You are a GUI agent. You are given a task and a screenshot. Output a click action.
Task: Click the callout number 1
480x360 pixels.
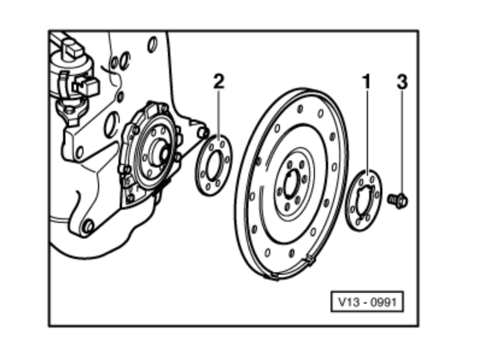(366, 82)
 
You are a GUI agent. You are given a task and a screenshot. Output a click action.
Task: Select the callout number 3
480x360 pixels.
(402, 82)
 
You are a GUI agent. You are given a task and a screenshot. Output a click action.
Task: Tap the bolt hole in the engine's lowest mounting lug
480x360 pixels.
(88, 227)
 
